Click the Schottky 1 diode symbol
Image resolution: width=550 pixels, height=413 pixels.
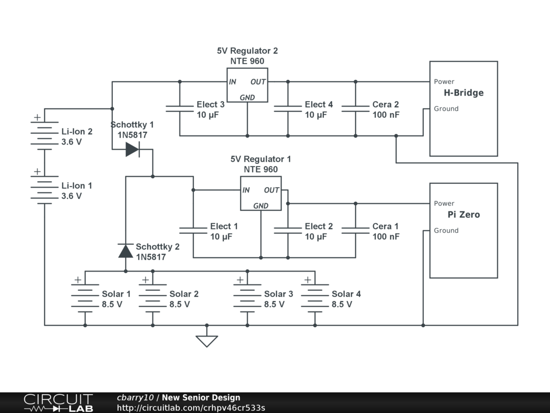(x=133, y=149)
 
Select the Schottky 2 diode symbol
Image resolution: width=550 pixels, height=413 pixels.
(x=126, y=251)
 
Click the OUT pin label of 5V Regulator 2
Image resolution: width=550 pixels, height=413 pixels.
(x=258, y=82)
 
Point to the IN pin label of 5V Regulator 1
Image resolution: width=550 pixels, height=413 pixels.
(x=246, y=190)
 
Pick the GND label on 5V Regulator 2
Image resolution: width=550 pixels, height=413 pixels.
(x=247, y=97)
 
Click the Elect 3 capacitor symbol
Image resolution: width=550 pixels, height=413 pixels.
(x=179, y=109)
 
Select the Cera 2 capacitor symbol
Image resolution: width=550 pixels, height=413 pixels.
(x=356, y=109)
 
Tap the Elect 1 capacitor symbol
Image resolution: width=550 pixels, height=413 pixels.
(x=193, y=230)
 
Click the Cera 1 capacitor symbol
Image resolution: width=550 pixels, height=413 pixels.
(x=356, y=230)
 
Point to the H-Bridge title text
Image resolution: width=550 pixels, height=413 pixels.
(x=464, y=92)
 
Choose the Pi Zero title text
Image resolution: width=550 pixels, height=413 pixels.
(x=464, y=215)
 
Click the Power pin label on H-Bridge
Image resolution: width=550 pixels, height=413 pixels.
(x=444, y=82)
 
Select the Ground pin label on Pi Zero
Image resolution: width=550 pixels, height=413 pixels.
(x=446, y=230)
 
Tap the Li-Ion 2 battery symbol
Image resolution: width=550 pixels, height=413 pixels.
(x=45, y=136)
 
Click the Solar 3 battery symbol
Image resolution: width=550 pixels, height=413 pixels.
(x=247, y=298)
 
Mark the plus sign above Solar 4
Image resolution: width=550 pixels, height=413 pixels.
(x=308, y=280)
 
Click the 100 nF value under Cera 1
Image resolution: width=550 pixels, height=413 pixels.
(x=386, y=237)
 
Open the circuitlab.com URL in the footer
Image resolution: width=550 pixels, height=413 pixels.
(x=191, y=408)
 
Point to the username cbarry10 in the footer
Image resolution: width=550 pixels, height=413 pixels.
(x=135, y=397)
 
